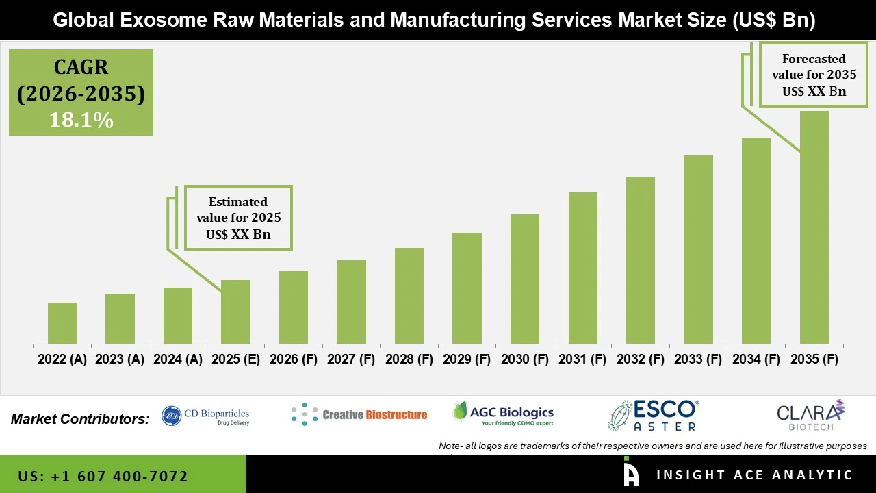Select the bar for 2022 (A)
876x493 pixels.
point(62,323)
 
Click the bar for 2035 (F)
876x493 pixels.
point(814,227)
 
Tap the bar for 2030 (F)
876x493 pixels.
point(524,279)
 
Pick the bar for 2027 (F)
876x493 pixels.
point(351,302)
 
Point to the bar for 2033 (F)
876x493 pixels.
point(698,249)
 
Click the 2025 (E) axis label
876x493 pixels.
point(235,359)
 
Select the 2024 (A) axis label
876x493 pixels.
point(178,359)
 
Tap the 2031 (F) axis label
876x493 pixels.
point(582,359)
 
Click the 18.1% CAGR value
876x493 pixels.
point(81,120)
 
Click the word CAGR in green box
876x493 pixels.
point(81,68)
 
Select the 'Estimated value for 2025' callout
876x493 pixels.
point(238,218)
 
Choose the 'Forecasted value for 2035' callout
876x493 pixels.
point(809,75)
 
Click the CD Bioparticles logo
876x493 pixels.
point(206,416)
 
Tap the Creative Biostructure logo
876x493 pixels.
point(359,414)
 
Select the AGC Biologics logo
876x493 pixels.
point(503,413)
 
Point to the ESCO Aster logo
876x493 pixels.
point(654,416)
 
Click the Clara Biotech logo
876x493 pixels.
point(810,416)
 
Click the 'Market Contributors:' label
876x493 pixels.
point(80,418)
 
